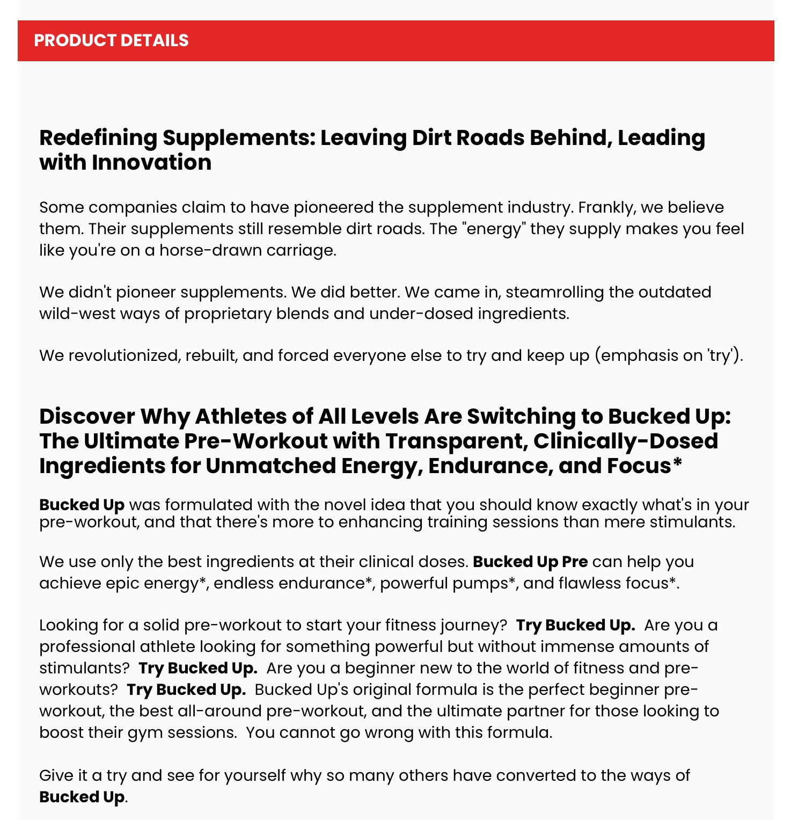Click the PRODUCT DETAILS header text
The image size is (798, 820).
[x=111, y=41]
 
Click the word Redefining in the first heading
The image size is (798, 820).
[x=98, y=138]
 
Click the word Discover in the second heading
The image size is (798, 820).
[x=87, y=417]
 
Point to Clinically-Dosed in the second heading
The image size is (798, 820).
[x=626, y=441]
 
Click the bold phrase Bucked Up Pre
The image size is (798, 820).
[x=530, y=562]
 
